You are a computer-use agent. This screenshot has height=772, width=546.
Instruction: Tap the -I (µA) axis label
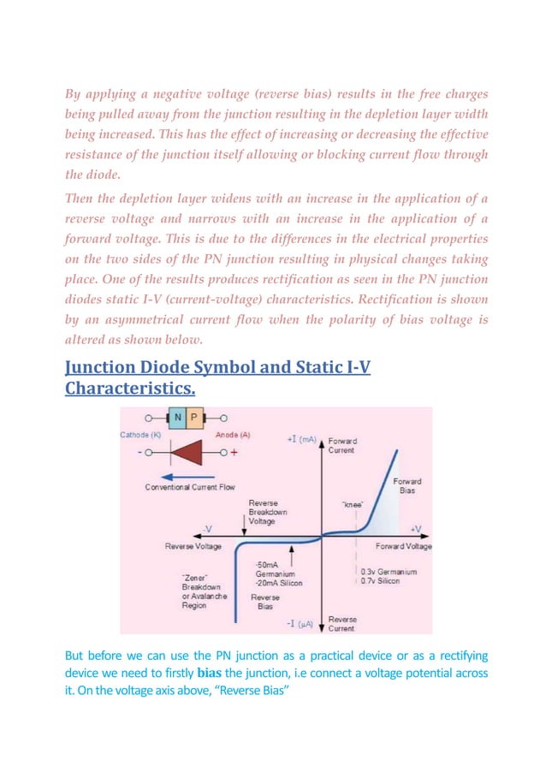[x=300, y=625]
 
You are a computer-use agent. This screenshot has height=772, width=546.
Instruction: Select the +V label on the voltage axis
[x=417, y=529]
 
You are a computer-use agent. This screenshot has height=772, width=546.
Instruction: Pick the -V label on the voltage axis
[x=208, y=529]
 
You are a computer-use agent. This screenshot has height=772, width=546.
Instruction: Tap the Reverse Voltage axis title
[x=193, y=546]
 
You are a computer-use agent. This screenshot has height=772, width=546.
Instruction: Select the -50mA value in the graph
[x=266, y=565]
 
